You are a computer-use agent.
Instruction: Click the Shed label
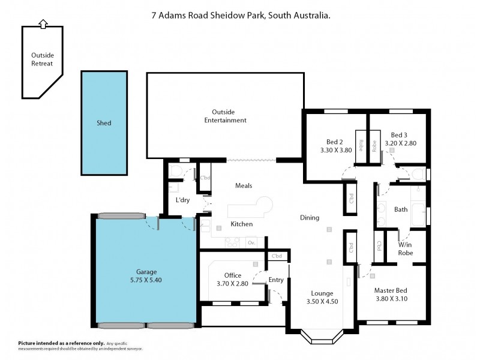point(104,123)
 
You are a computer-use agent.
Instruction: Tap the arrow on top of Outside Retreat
point(42,24)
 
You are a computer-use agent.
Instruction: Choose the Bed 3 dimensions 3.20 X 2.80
point(400,143)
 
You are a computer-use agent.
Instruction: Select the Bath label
point(401,210)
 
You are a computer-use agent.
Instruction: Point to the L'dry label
point(182,200)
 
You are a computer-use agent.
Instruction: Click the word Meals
point(242,185)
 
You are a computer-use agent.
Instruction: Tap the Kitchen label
point(241,224)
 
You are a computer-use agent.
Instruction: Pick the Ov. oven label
point(251,242)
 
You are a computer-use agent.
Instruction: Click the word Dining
point(309,218)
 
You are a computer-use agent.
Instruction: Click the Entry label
point(276,280)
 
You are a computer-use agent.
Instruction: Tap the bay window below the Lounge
point(323,337)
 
